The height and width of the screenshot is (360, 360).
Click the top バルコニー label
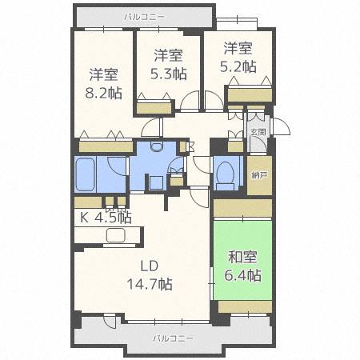145,15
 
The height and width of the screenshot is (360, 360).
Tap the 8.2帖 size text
104,92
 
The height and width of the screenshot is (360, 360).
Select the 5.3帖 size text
169,73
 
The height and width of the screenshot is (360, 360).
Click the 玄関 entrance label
258,132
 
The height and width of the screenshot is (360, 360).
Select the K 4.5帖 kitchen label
104,217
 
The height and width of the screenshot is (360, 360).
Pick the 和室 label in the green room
243,258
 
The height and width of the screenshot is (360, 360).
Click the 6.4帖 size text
243,275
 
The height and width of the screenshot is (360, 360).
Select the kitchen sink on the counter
114,235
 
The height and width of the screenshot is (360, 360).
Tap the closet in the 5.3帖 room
154,107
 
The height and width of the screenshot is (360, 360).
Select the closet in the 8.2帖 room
105,147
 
